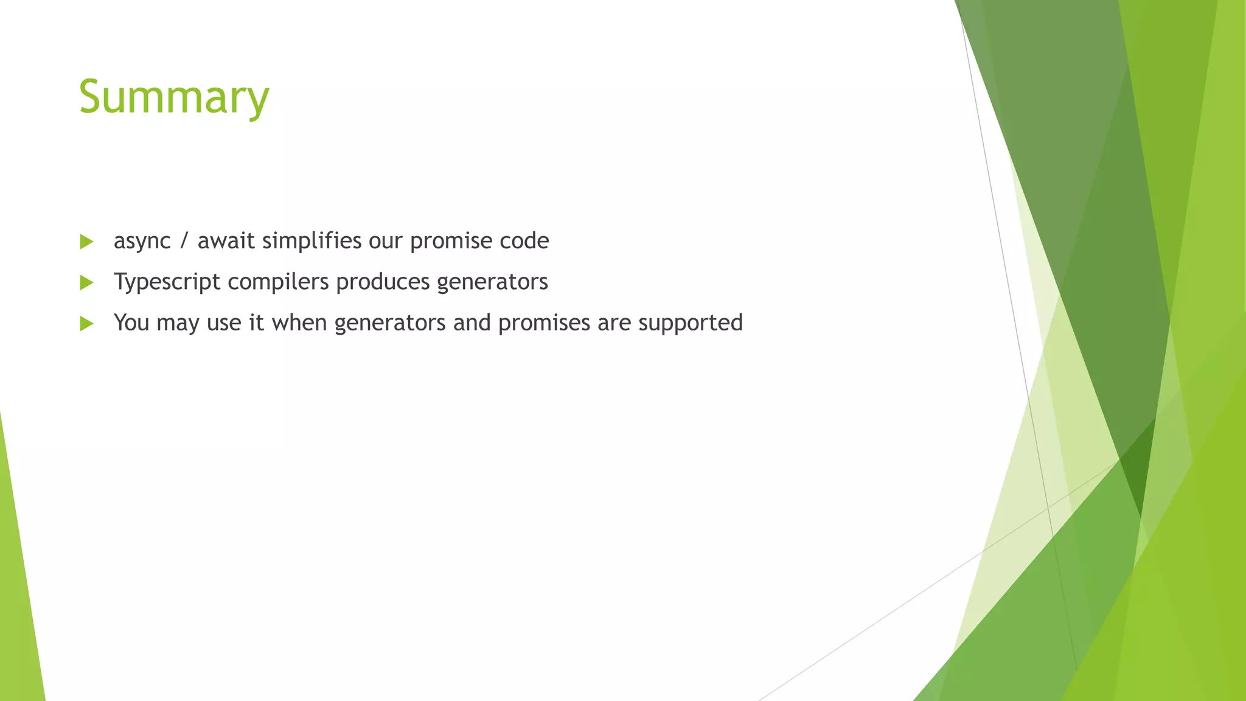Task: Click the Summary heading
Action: (174, 97)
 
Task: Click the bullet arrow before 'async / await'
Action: (86, 242)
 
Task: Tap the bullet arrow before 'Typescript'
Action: (86, 282)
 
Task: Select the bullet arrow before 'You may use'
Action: (86, 323)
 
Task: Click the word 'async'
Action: (142, 242)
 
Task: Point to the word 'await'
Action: (226, 241)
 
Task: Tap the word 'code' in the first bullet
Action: (524, 241)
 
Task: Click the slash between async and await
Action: (184, 241)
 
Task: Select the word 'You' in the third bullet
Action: (131, 323)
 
